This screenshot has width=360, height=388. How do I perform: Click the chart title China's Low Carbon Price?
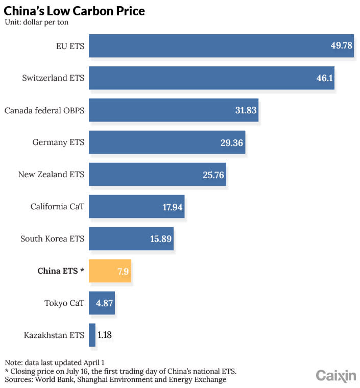coord(75,10)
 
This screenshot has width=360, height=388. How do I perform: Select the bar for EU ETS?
coord(221,46)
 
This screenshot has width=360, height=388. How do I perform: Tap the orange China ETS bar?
coord(110,271)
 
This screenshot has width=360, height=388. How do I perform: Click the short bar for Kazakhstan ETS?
coord(92,335)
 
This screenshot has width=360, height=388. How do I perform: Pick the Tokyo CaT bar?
coord(102,303)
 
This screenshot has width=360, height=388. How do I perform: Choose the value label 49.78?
coord(341,46)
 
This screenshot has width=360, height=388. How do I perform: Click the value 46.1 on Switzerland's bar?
coord(324,78)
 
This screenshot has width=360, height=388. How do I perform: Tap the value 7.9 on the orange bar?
coord(122,271)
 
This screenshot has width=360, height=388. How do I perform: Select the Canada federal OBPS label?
coord(44,110)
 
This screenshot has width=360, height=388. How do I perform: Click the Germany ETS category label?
coord(58,142)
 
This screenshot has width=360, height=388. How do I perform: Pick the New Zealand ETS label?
coord(51,175)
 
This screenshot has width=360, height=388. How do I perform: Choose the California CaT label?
coord(57,207)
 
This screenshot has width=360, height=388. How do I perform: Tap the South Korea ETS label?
coord(52,239)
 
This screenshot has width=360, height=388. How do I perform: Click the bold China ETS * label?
coord(61,271)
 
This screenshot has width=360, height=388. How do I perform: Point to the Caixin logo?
coord(336,376)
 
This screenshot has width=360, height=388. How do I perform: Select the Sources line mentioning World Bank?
coord(115,380)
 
